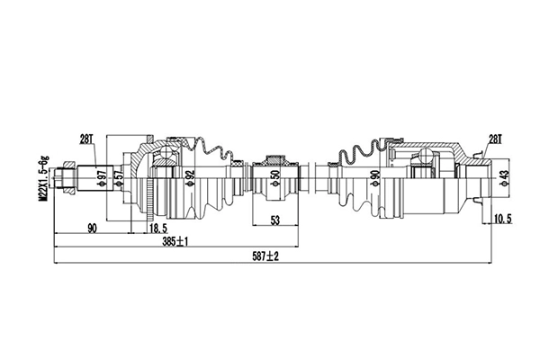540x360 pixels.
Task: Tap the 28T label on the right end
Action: click(x=494, y=139)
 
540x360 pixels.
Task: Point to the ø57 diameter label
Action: click(x=118, y=178)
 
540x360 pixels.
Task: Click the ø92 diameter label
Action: click(x=190, y=177)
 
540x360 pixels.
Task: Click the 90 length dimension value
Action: click(x=92, y=228)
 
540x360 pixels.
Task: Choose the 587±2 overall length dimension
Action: click(x=265, y=256)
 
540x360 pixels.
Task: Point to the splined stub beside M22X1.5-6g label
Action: click(x=85, y=176)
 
